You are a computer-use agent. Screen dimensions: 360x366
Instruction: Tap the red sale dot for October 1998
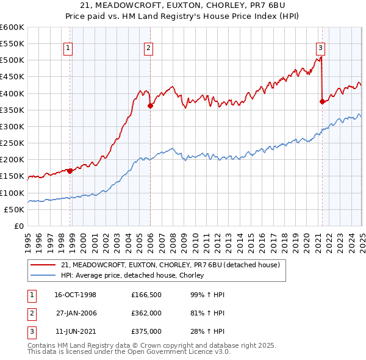coord(70,171)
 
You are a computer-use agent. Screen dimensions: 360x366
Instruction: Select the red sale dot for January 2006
coord(150,106)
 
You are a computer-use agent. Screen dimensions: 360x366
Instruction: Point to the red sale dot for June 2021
coord(321,102)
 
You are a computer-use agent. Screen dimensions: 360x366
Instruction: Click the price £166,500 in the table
coord(146,295)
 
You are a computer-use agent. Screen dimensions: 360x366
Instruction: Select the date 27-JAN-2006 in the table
coord(76,313)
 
